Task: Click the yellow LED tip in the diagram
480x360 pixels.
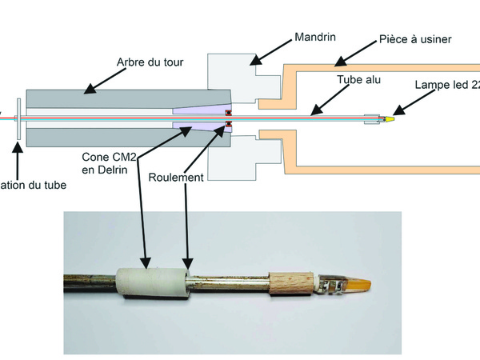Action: coord(388,120)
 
